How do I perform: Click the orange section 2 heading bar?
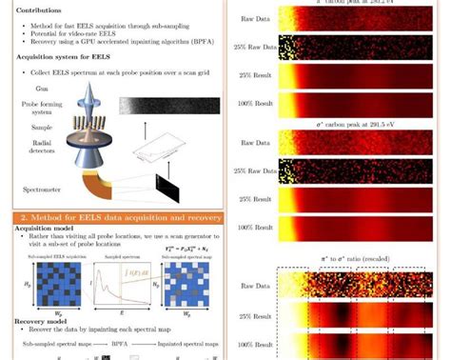[x=120, y=218]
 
